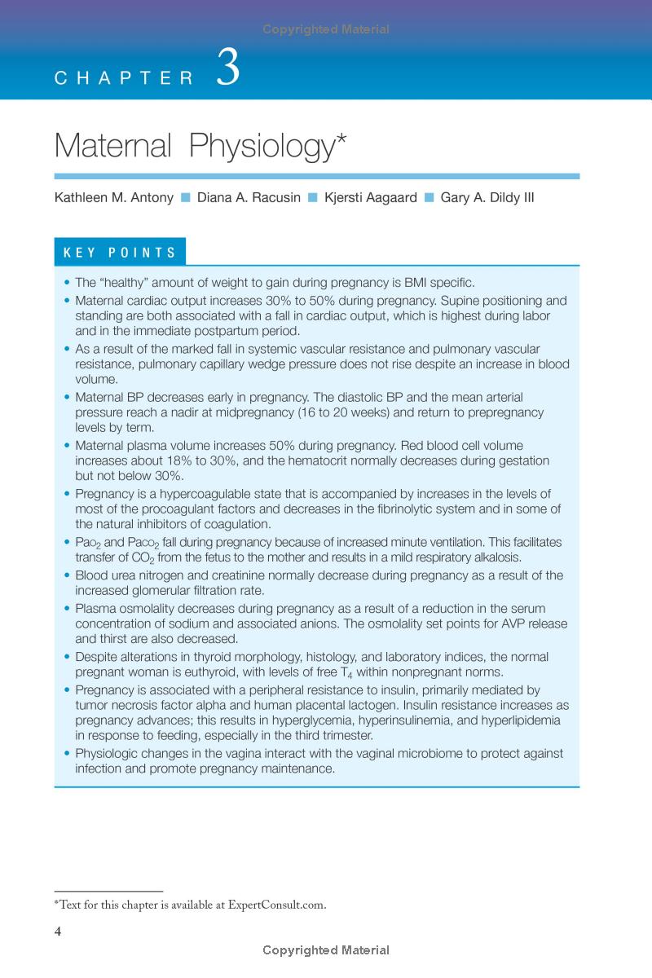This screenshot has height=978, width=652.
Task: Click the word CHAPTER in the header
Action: coord(124,78)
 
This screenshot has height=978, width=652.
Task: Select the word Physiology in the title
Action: coord(262,146)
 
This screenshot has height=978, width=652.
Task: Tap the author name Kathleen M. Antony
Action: coord(113,198)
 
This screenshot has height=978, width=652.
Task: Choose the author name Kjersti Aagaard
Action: coord(370,198)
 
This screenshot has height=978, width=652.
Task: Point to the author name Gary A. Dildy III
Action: coord(487,198)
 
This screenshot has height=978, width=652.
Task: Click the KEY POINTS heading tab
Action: coord(120,253)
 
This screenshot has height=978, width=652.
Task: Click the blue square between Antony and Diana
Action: coord(185,198)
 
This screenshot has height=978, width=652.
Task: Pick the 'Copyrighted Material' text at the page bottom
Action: coord(326,950)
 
